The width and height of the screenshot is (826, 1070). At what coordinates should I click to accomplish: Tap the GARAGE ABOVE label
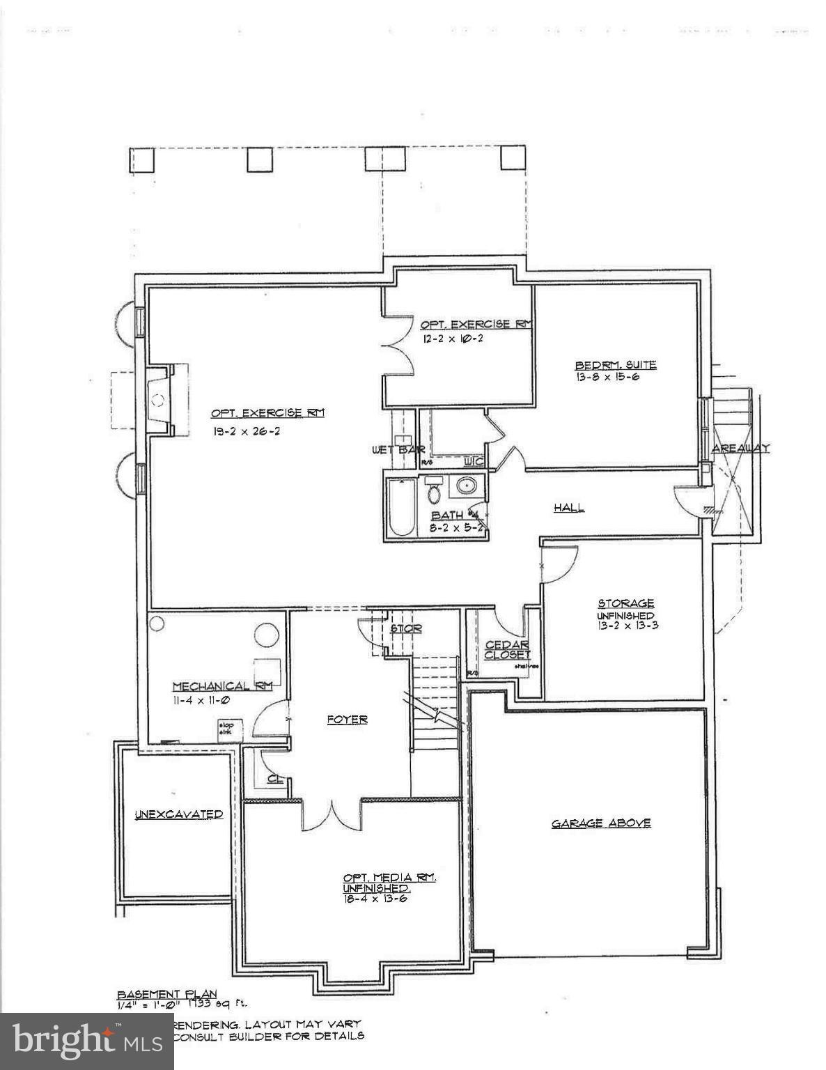pos(601,823)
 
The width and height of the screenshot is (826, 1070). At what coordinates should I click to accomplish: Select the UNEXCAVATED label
pos(179,814)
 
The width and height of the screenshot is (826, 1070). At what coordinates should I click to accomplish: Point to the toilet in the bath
pos(435,492)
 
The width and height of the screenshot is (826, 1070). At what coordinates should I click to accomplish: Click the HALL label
pos(569,508)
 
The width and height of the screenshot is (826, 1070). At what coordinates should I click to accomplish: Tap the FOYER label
pos(347,720)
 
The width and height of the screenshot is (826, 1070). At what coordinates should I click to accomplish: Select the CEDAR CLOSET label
pos(507,650)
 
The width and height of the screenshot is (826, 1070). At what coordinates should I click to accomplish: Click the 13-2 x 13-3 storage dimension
pos(628,626)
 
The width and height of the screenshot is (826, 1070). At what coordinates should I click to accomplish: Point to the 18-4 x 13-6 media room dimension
pos(375,899)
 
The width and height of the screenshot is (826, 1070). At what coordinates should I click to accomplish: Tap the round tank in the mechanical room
pos(266,635)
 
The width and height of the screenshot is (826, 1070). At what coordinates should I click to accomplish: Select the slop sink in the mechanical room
pos(228,728)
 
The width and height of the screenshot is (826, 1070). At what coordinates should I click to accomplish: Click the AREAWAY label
pos(740,449)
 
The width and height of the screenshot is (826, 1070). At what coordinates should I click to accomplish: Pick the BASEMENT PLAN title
pos(167,994)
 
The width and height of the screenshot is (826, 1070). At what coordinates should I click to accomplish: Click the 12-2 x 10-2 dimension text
pos(452,339)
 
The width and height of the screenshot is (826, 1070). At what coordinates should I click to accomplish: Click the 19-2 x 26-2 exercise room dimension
pos(247,431)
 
